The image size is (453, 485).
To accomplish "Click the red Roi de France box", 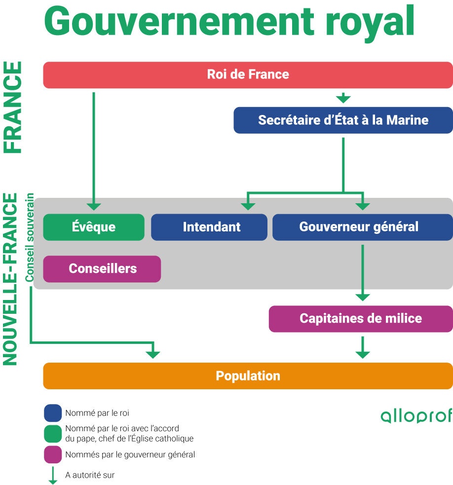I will point(248,75).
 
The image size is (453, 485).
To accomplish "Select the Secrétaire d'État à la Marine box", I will point(343,120).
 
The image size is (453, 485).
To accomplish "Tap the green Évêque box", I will point(94,227).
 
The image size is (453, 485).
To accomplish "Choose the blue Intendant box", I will point(211,227).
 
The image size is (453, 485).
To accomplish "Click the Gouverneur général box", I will point(359,227).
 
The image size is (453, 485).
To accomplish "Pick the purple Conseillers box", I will point(102,269).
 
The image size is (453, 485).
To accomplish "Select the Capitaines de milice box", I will point(360,318).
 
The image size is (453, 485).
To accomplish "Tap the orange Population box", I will point(248,376).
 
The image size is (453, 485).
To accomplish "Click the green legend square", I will point(53,434).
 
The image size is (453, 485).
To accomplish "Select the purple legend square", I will point(53,454).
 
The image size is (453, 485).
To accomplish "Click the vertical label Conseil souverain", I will point(30,237).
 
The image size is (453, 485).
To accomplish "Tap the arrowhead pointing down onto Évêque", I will point(94,206).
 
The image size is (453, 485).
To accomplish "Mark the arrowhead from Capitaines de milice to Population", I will point(363,353).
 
